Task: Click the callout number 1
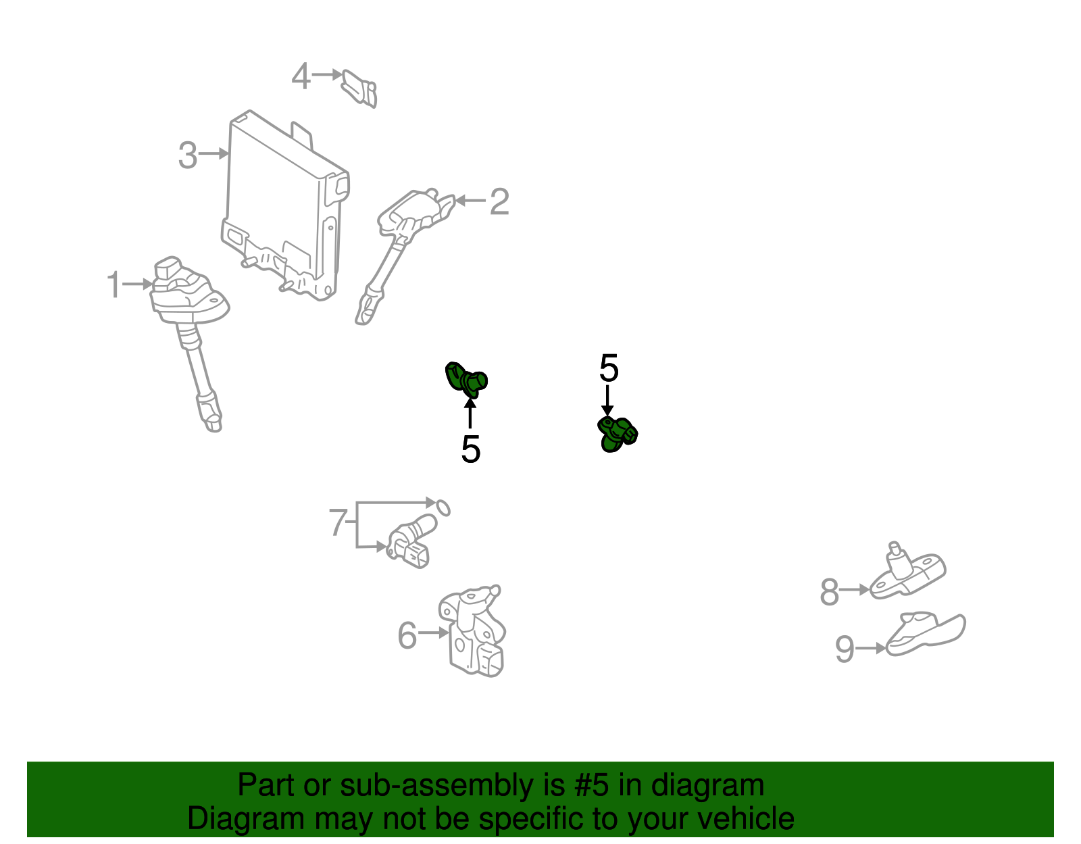[x=114, y=285]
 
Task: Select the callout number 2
[x=499, y=201]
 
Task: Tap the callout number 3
[x=188, y=155]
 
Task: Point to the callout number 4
[x=301, y=76]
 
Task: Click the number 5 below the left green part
[x=470, y=449]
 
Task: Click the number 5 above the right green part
[x=608, y=368]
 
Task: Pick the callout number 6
[x=407, y=635]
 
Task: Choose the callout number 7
[x=338, y=522]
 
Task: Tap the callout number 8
[x=829, y=592]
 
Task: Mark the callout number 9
[x=845, y=649]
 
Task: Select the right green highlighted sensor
[x=617, y=433]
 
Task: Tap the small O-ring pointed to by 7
[x=442, y=507]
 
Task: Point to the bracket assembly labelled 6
[x=473, y=632]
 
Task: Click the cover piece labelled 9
[x=926, y=633]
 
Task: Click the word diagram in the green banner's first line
[x=707, y=785]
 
